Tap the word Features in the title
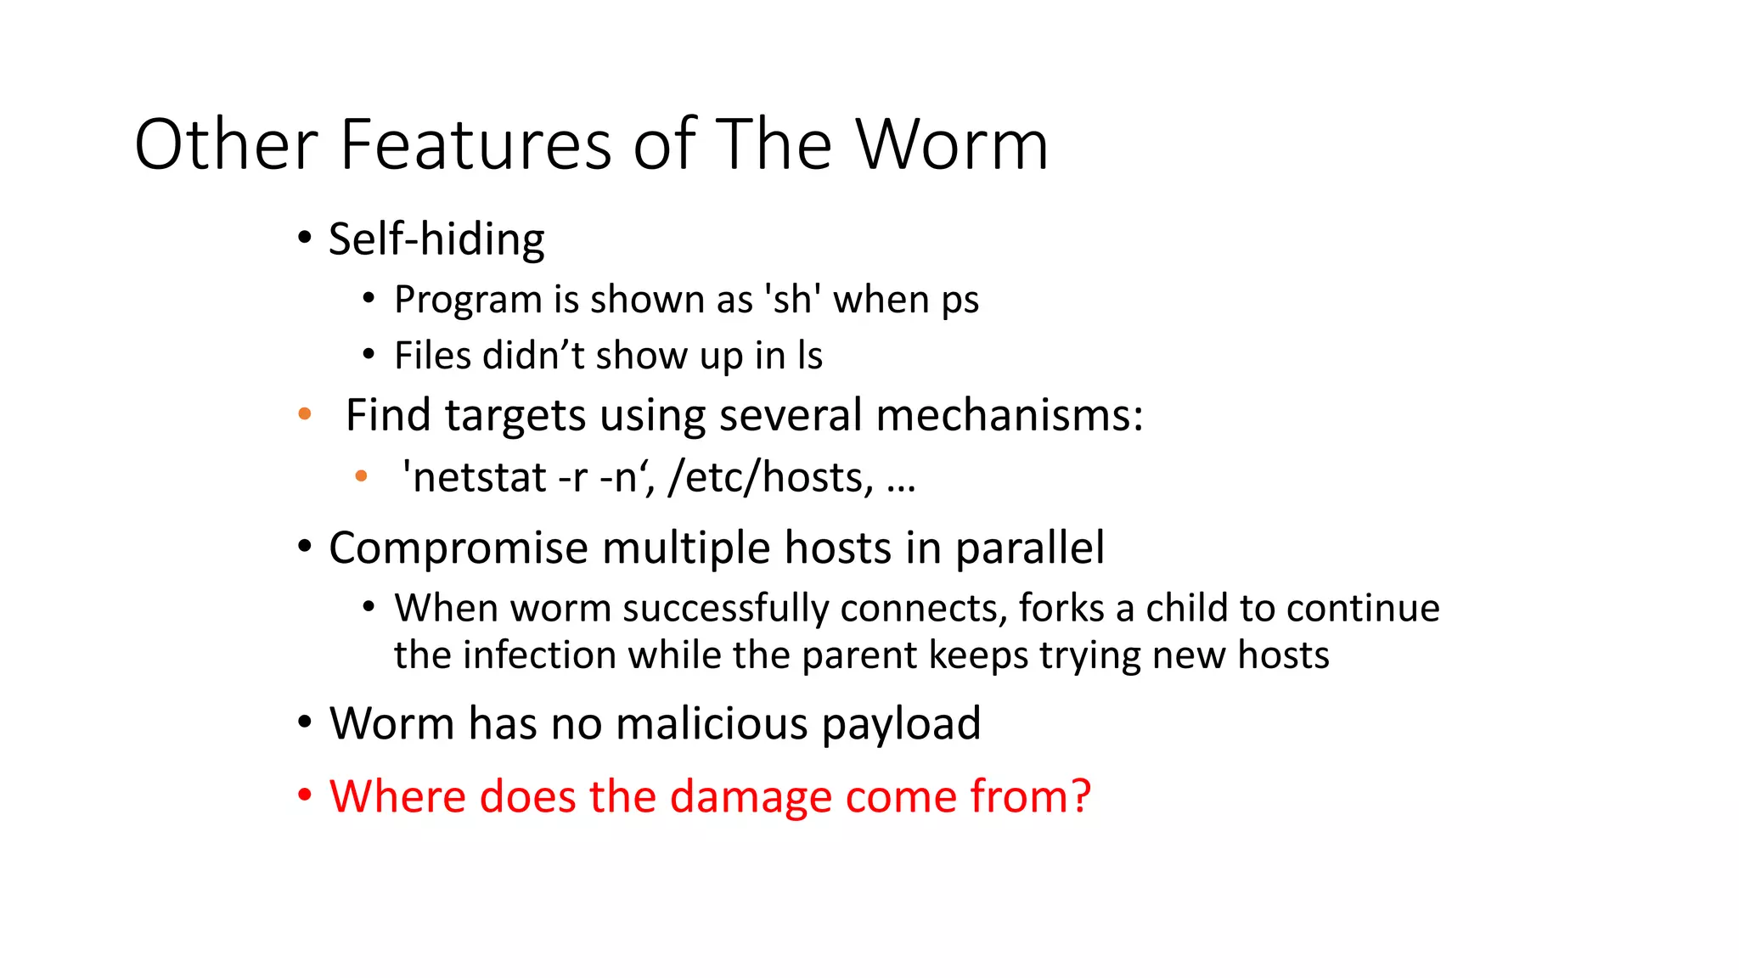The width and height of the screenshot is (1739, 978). (x=476, y=145)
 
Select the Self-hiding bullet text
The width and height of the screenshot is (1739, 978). (x=436, y=239)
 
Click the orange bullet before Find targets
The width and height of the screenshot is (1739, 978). (x=305, y=415)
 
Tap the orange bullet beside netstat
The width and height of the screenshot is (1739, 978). (x=361, y=476)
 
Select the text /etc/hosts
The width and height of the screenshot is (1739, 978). (x=770, y=477)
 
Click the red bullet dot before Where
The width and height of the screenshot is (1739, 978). (x=305, y=797)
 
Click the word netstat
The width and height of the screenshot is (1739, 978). (x=479, y=477)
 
